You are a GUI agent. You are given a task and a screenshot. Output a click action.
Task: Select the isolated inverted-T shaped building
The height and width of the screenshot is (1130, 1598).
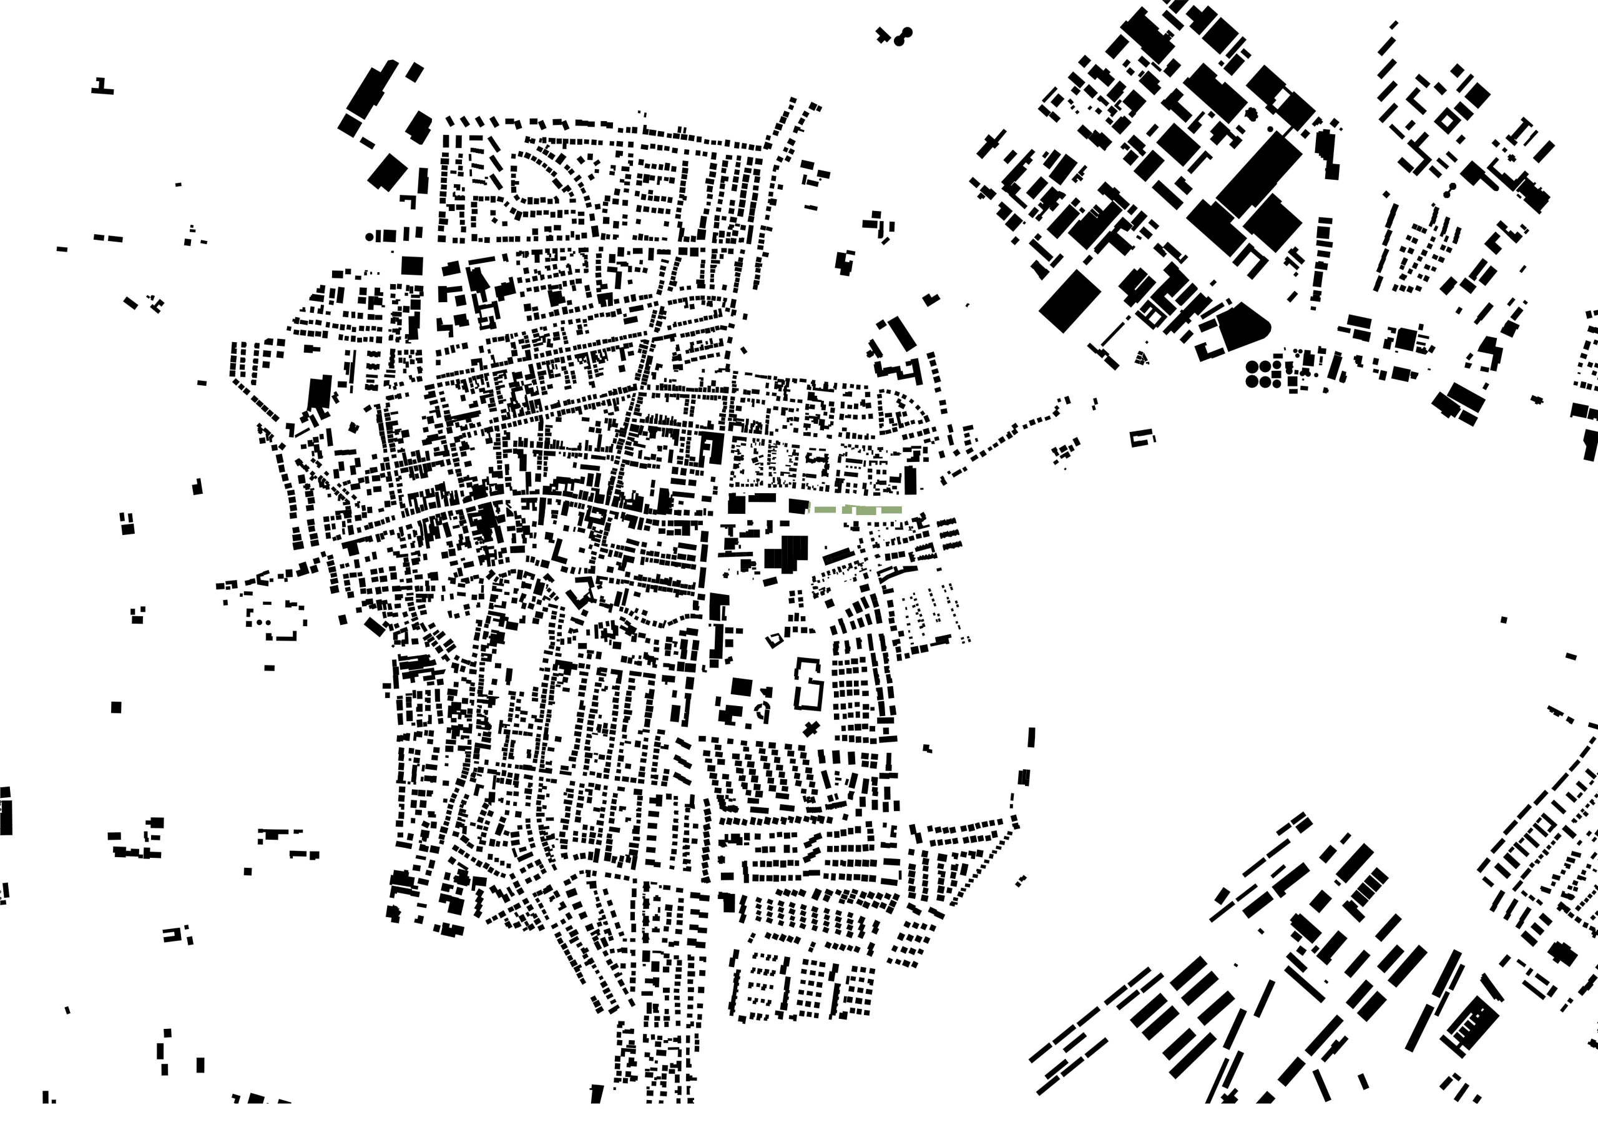point(102,87)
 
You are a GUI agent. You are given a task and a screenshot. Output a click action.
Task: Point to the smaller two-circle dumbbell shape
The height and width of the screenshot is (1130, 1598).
point(1451,190)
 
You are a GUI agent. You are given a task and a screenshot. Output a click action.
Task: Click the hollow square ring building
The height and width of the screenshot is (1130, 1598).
point(1446,122)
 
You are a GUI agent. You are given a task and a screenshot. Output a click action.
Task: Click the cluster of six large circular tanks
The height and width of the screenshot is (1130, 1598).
point(1265,373)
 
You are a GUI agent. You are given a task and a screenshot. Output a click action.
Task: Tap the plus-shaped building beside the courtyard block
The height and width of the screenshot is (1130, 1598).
point(810,729)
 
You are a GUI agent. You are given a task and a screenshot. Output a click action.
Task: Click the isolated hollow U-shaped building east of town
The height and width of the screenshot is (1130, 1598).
point(1142,437)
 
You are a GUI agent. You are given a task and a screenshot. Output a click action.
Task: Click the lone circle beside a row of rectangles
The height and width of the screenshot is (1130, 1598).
point(369,237)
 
